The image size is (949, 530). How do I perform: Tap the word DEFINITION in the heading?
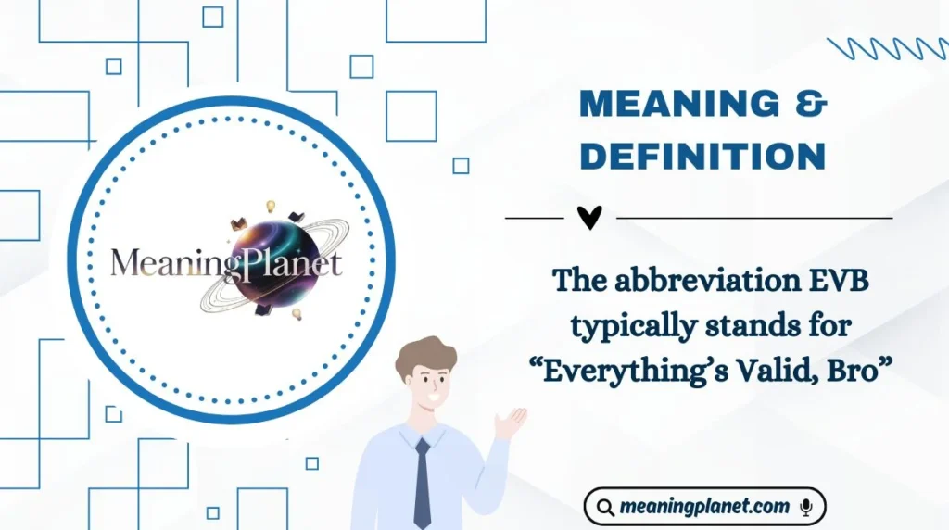(702, 156)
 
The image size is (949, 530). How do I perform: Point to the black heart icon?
(589, 218)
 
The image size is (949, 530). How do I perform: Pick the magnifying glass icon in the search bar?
(605, 507)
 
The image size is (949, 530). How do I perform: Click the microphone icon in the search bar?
(805, 507)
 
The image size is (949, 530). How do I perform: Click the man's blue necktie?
(422, 482)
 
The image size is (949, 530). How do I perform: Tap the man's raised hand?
(509, 423)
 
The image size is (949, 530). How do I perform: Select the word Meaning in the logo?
(167, 264)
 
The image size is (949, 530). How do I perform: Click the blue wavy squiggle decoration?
(884, 49)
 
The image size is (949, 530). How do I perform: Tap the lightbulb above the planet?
(272, 206)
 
